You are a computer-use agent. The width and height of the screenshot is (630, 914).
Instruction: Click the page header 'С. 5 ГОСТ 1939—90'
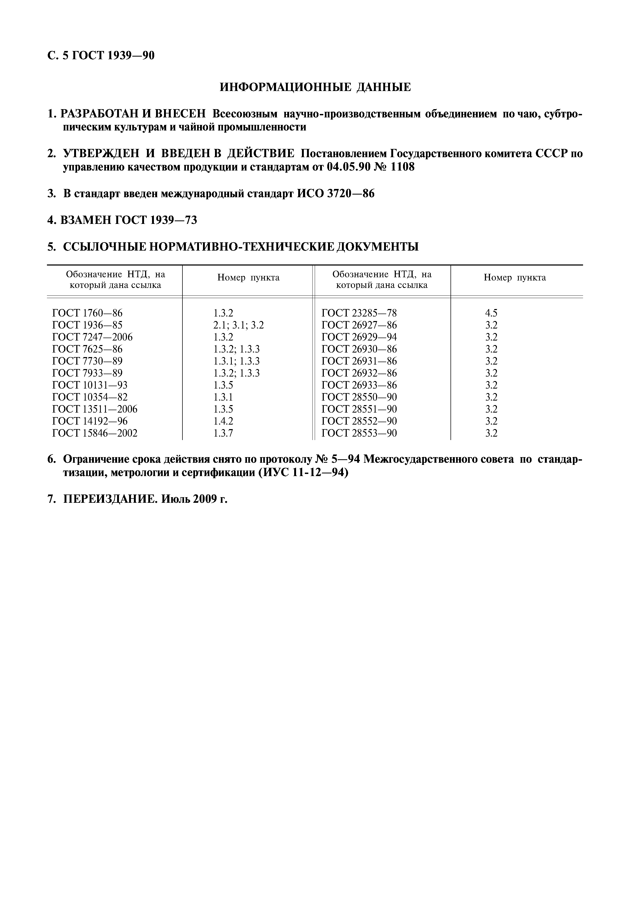pyautogui.click(x=101, y=56)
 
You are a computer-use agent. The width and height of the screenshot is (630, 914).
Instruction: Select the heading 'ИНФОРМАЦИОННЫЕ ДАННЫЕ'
pyautogui.click(x=315, y=87)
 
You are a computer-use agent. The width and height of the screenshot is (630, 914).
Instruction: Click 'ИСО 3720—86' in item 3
pyautogui.click(x=336, y=194)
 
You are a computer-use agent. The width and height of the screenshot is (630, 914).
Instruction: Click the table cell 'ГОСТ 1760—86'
pyautogui.click(x=87, y=313)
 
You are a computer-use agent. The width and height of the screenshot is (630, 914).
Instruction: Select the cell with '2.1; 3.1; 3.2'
pyautogui.click(x=238, y=325)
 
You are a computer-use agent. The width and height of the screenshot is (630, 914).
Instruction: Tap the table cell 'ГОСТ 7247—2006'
pyautogui.click(x=92, y=337)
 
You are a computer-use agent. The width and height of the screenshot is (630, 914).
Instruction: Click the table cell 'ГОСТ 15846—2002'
pyautogui.click(x=95, y=433)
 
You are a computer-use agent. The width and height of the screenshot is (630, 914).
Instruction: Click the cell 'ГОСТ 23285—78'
pyautogui.click(x=359, y=313)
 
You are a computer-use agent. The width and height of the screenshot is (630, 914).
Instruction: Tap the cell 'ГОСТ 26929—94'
pyautogui.click(x=359, y=337)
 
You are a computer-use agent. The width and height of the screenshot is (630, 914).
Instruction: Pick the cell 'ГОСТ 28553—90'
pyautogui.click(x=359, y=433)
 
